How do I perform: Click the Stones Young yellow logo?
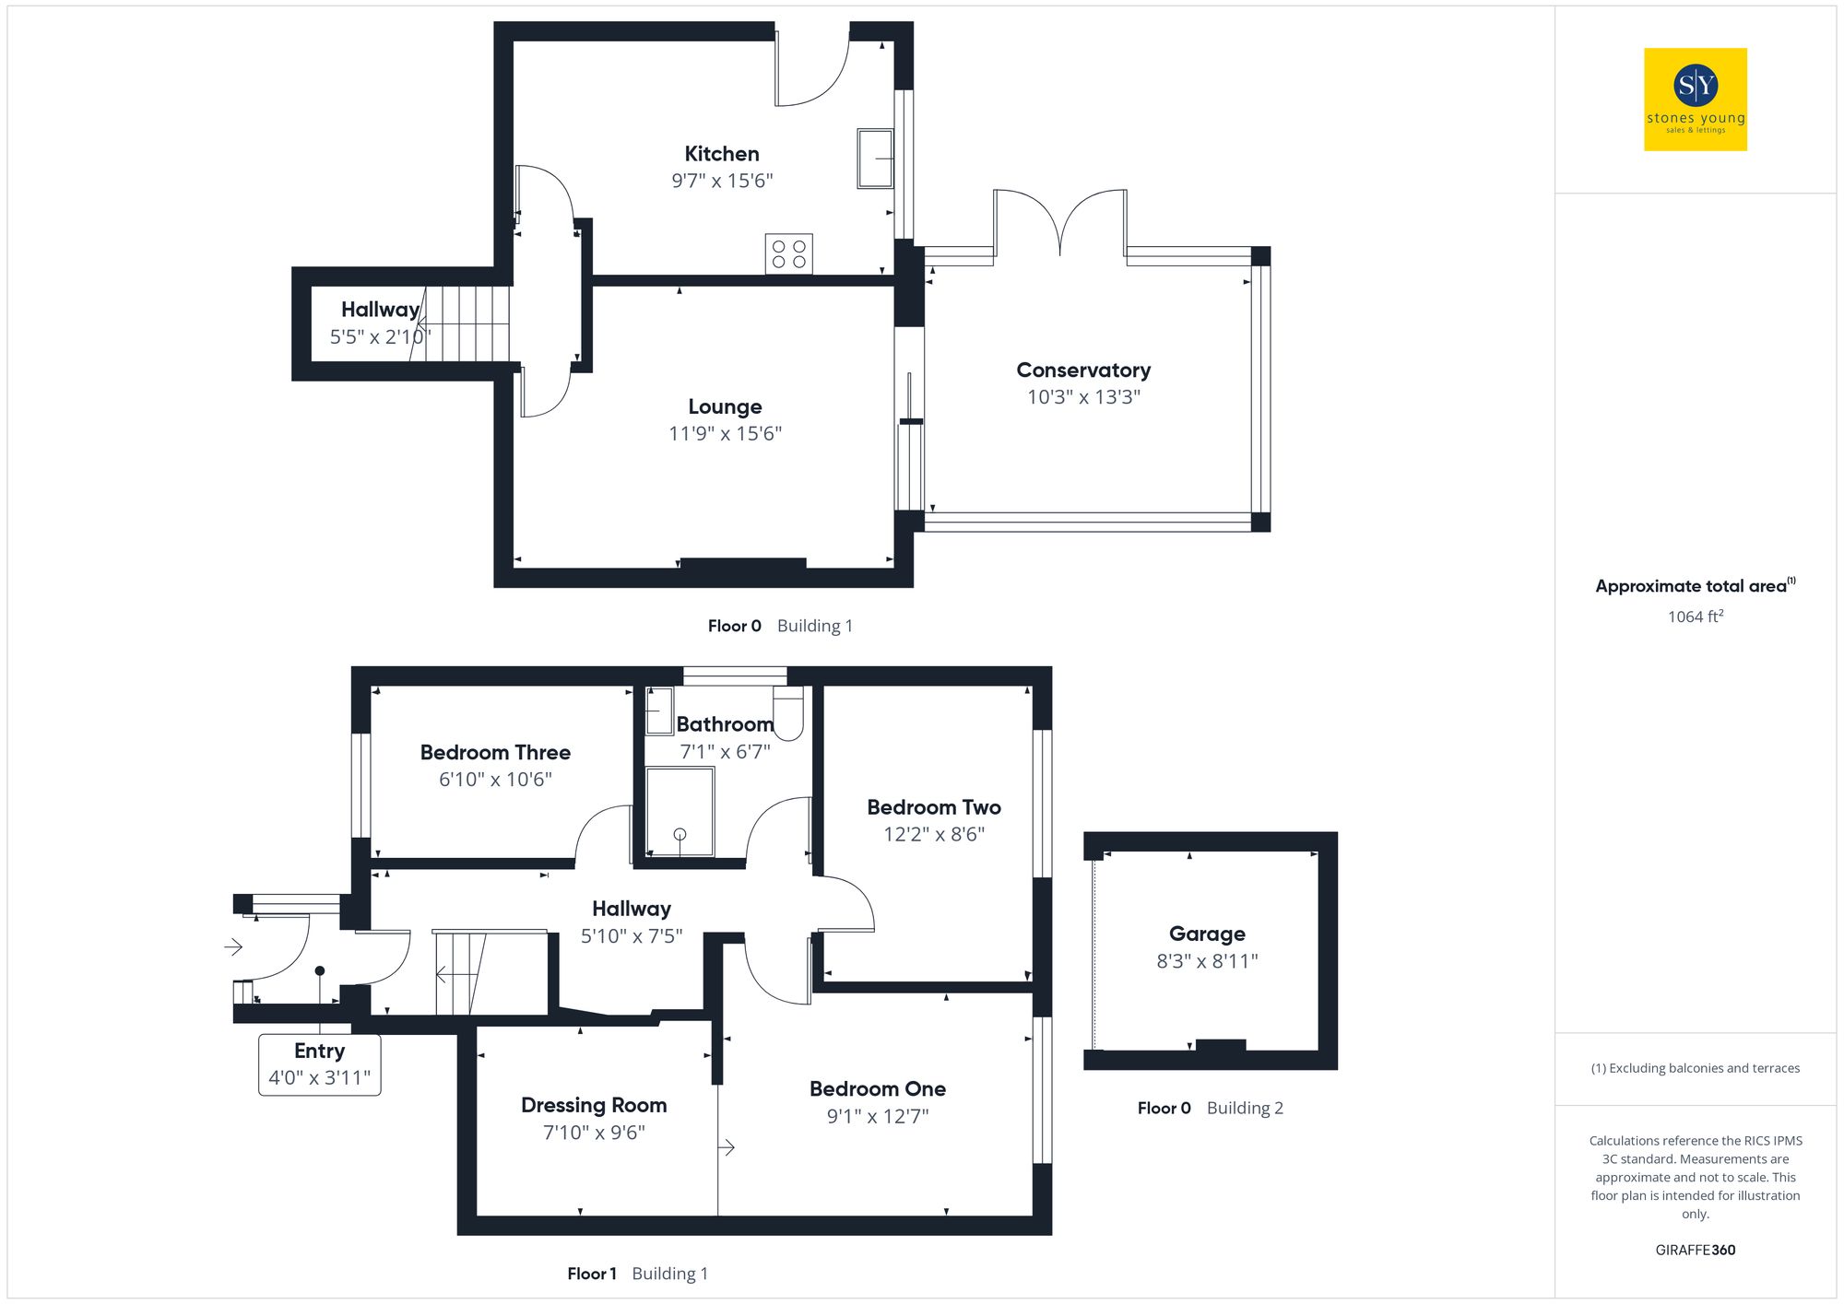pyautogui.click(x=1695, y=100)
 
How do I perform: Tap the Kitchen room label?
pyautogui.click(x=722, y=154)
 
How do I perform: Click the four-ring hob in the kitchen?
pyautogui.click(x=788, y=254)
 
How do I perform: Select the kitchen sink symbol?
pyautogui.click(x=875, y=159)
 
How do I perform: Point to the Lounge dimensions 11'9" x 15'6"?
pyautogui.click(x=725, y=433)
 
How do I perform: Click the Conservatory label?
pyautogui.click(x=1083, y=370)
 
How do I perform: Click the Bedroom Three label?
pyautogui.click(x=495, y=753)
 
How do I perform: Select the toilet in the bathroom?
pyautogui.click(x=788, y=713)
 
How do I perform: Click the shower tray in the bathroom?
pyautogui.click(x=680, y=812)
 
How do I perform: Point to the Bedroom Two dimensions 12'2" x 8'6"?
pyautogui.click(x=934, y=834)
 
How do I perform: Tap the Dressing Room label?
pyautogui.click(x=594, y=1105)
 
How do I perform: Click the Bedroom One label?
pyautogui.click(x=878, y=1089)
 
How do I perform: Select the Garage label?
pyautogui.click(x=1207, y=934)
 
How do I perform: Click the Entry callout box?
pyautogui.click(x=320, y=1063)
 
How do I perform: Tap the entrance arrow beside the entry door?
pyautogui.click(x=233, y=946)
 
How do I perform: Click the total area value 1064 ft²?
pyautogui.click(x=1695, y=617)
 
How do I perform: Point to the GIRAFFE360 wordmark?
pyautogui.click(x=1695, y=1250)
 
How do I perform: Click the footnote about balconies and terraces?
pyautogui.click(x=1695, y=1068)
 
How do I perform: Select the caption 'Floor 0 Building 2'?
pyautogui.click(x=1210, y=1108)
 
